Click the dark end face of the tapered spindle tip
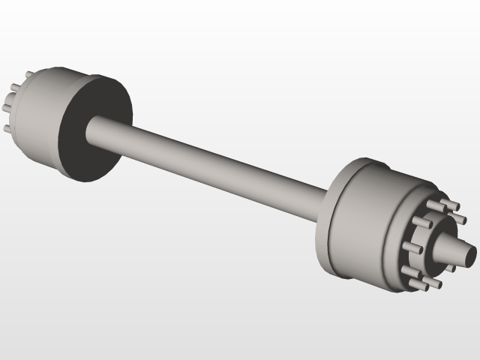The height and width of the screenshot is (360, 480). [470, 255]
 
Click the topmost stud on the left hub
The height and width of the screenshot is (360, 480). [29, 76]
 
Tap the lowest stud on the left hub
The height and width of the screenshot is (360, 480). [9, 128]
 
